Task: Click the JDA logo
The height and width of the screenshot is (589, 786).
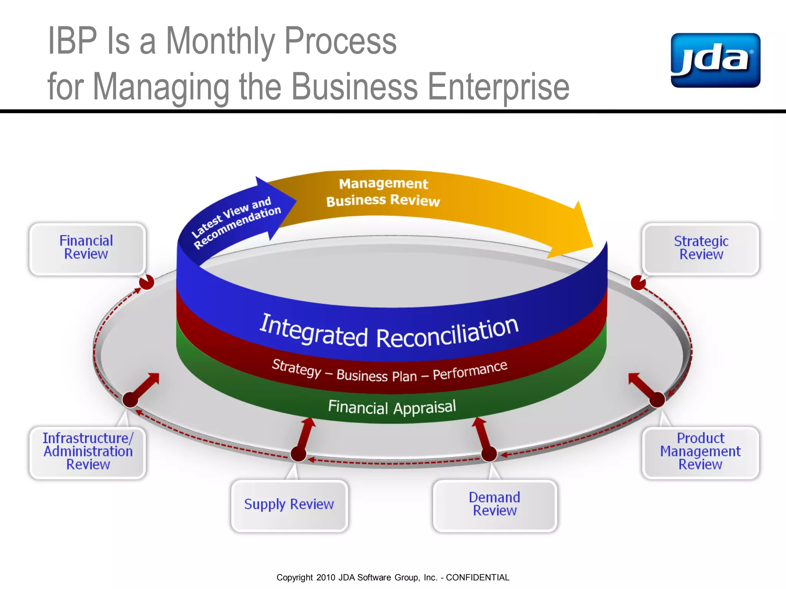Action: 715,60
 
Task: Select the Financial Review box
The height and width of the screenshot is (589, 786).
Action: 87,248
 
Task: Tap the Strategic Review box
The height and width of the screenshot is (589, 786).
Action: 701,248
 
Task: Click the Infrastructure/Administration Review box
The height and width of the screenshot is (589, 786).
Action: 88,452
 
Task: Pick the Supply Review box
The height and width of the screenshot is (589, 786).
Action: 289,505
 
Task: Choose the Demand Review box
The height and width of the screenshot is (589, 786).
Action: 494,505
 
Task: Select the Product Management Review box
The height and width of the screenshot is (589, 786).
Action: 700,452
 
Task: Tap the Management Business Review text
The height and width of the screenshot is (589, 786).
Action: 383,192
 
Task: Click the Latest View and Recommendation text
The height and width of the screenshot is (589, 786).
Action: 236,222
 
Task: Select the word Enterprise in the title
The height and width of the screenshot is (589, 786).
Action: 498,87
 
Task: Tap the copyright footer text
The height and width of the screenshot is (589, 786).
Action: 393,577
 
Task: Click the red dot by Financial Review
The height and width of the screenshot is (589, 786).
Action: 147,283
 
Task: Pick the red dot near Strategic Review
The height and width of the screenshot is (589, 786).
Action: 638,283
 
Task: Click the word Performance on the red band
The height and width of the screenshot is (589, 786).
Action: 470,370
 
